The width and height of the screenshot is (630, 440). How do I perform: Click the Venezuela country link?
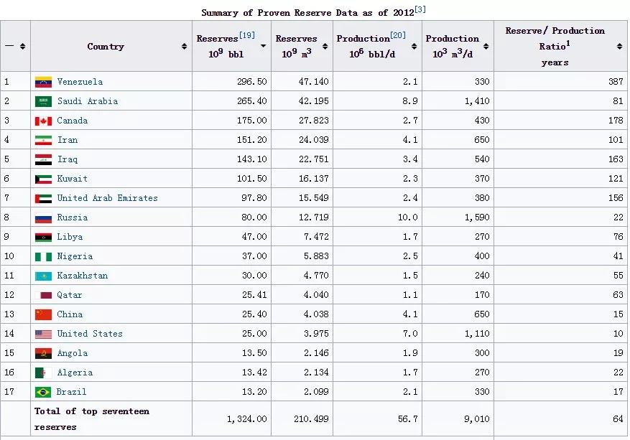(80, 82)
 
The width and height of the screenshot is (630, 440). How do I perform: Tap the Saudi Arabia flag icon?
(43, 101)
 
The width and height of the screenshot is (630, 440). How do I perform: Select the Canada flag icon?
(43, 121)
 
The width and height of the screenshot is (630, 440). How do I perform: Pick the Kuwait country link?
(72, 179)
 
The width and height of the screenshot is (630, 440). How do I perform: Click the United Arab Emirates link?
(107, 198)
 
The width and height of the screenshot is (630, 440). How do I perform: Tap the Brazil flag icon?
(43, 392)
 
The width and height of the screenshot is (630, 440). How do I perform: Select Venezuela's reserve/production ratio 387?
(615, 82)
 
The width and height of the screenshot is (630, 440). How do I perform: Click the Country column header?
(106, 47)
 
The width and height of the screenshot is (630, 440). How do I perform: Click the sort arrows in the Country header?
(185, 47)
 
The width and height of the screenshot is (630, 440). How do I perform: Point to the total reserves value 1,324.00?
(247, 418)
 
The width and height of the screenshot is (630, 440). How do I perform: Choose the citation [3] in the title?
(420, 9)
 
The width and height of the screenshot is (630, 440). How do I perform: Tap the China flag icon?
(43, 314)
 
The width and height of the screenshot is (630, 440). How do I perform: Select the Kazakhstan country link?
(82, 276)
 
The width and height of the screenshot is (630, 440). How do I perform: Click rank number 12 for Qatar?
(9, 295)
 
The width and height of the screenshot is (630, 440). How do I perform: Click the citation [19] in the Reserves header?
(246, 35)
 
